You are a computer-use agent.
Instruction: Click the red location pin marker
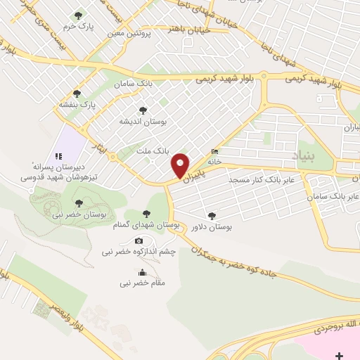[x=181, y=166]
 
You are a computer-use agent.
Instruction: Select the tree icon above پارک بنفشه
[x=77, y=93]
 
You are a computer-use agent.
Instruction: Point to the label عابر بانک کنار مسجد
[x=258, y=180]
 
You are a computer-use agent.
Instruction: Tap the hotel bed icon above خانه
[x=214, y=152]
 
